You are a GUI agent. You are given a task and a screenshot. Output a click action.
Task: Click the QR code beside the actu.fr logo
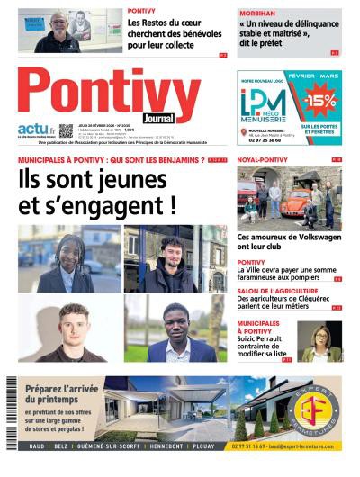click(x=66, y=130)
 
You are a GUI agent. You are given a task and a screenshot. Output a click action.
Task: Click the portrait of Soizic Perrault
click(x=321, y=340)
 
